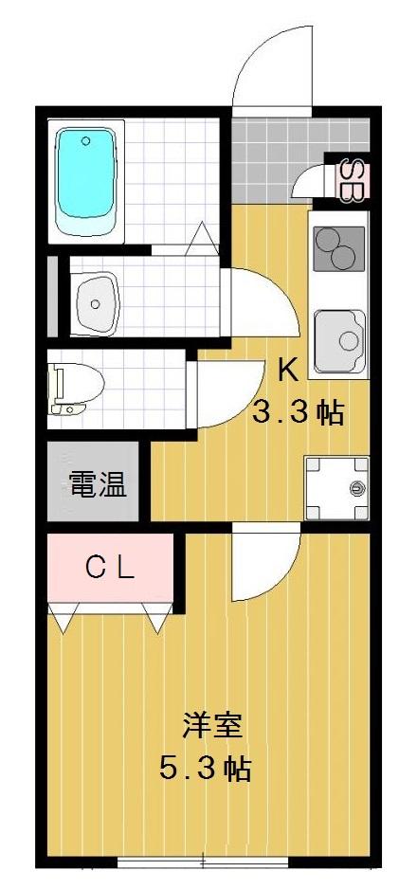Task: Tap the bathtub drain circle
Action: click(86, 142)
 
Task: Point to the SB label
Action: click(349, 181)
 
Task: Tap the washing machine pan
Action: click(336, 487)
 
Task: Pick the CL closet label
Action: click(111, 570)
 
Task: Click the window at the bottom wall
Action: click(202, 862)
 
